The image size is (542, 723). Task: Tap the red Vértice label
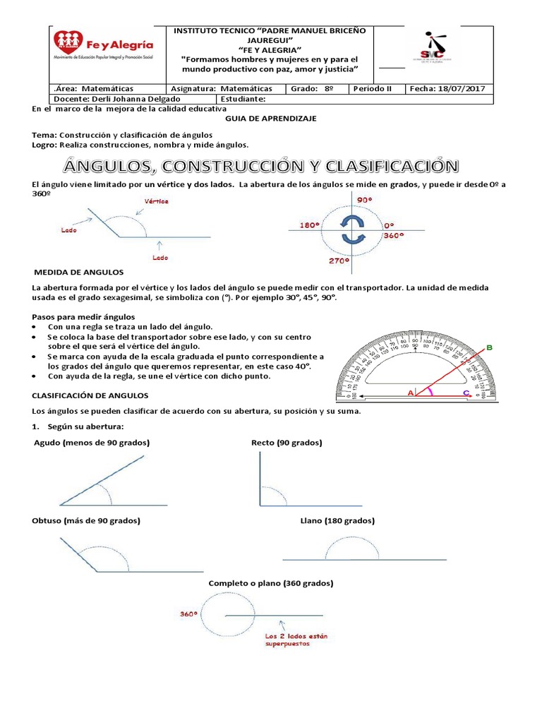(x=156, y=201)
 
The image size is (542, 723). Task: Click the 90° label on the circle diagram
(x=365, y=200)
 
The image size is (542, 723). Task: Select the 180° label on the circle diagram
(x=309, y=226)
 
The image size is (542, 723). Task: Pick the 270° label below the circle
(x=339, y=261)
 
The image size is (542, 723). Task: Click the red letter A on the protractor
(x=411, y=392)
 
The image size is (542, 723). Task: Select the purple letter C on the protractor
(x=465, y=393)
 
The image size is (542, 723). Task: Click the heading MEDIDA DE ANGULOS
(x=79, y=272)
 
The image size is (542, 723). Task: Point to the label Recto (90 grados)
(x=287, y=443)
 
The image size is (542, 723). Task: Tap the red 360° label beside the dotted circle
(x=188, y=614)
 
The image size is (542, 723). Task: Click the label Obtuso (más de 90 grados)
(x=86, y=520)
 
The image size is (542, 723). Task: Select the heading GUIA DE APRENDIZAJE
(x=270, y=119)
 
